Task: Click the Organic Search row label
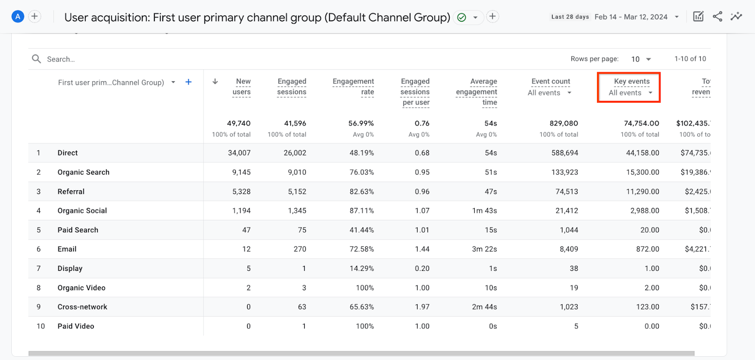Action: tap(84, 172)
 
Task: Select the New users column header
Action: tap(243, 87)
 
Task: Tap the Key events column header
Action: tap(631, 82)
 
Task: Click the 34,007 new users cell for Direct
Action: tap(239, 153)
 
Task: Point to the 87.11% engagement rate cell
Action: tap(361, 210)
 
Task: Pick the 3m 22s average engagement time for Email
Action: tap(484, 249)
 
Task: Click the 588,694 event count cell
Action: tap(564, 153)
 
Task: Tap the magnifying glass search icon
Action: tap(36, 59)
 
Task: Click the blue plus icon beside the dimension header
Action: tap(188, 82)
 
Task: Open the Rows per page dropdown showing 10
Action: tap(641, 59)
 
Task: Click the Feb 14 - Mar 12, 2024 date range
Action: tap(631, 17)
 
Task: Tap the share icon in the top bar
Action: tap(717, 17)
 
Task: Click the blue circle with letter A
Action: tap(17, 17)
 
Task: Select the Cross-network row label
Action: tap(83, 307)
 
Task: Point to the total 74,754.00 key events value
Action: tap(641, 123)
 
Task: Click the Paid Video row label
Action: tap(76, 326)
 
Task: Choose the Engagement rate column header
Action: tap(353, 87)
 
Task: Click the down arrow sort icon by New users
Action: tap(215, 82)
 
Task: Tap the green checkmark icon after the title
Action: tap(461, 17)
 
